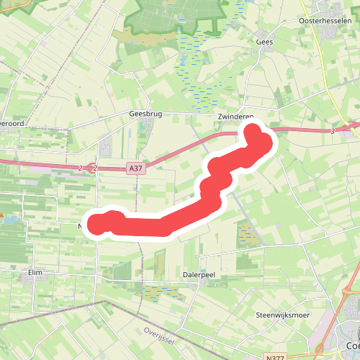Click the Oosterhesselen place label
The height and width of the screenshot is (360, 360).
[325, 21]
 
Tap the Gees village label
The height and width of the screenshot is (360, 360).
[265, 42]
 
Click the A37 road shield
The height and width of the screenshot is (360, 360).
[135, 168]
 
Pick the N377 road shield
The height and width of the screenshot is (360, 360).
[274, 356]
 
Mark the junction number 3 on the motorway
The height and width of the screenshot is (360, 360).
[333, 131]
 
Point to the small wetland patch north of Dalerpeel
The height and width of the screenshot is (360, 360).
[249, 233]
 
